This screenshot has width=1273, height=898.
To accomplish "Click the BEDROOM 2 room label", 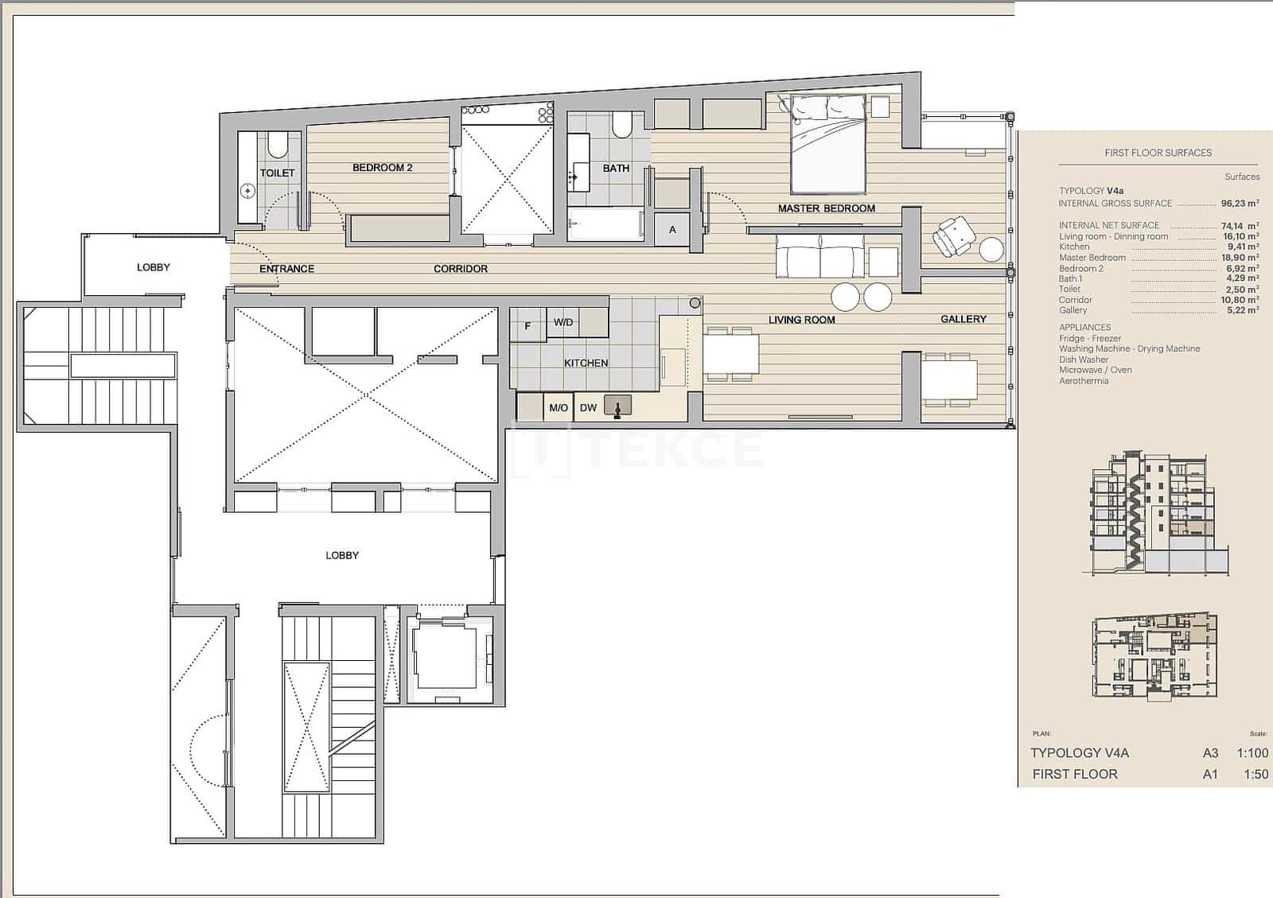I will coord(382,168).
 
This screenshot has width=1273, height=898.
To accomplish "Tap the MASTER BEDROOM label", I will coord(826,208).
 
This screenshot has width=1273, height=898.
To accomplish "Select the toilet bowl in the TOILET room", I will coord(278,146).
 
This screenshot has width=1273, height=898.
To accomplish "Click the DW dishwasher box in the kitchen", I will coord(588,408).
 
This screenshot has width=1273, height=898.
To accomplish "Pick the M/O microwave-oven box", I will coord(559,408).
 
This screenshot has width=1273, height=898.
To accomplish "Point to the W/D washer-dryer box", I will coord(563,322).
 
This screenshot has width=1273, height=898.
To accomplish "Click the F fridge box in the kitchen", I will coord(527,326).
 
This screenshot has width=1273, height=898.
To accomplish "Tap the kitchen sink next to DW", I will coord(617,407).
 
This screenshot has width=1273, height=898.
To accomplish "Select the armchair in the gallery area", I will coord(953,237).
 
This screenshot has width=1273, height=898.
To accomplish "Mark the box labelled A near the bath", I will coord(672,230).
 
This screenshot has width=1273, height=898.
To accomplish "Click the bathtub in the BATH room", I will coord(606,225).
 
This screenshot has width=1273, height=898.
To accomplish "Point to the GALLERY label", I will coord(963,319).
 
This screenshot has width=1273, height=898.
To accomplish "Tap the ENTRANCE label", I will coord(286,269).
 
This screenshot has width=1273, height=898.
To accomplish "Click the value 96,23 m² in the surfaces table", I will coord(1240,204).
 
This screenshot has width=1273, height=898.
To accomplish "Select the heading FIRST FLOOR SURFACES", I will coord(1158,153).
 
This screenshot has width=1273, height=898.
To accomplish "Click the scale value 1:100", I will coord(1252,752).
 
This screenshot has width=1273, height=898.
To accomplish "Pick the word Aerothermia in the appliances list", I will coord(1083,381).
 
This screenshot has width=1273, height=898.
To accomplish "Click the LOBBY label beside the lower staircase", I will coord(342,555).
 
